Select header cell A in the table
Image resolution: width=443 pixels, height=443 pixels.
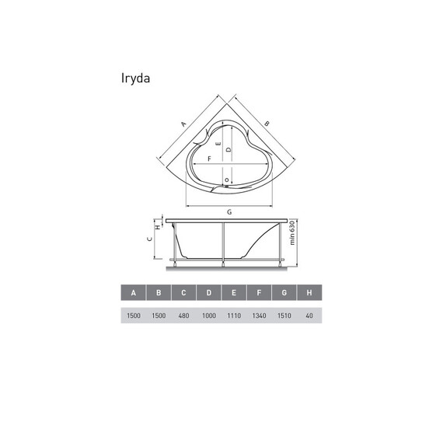click(134, 293)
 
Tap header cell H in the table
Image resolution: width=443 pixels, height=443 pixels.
click(309, 293)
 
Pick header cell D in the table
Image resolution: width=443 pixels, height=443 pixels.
click(209, 293)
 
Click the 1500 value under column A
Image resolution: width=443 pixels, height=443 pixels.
click(134, 316)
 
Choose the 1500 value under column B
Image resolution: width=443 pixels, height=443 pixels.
click(159, 316)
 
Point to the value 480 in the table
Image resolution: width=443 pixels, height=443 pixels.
click(184, 316)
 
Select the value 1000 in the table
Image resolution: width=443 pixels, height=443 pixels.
click(209, 316)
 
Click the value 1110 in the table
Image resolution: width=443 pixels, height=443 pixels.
click(234, 316)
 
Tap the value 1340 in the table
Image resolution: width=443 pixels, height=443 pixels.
click(260, 316)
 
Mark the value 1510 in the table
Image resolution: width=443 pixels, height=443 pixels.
click(284, 316)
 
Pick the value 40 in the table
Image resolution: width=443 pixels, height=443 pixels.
click(309, 316)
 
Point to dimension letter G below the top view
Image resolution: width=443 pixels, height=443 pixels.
click(229, 211)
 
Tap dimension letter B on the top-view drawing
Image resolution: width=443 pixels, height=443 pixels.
click(266, 123)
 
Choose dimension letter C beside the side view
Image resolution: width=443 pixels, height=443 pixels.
click(151, 241)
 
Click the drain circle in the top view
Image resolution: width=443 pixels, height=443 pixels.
click(226, 181)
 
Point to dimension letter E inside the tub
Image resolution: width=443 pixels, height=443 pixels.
click(219, 145)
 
